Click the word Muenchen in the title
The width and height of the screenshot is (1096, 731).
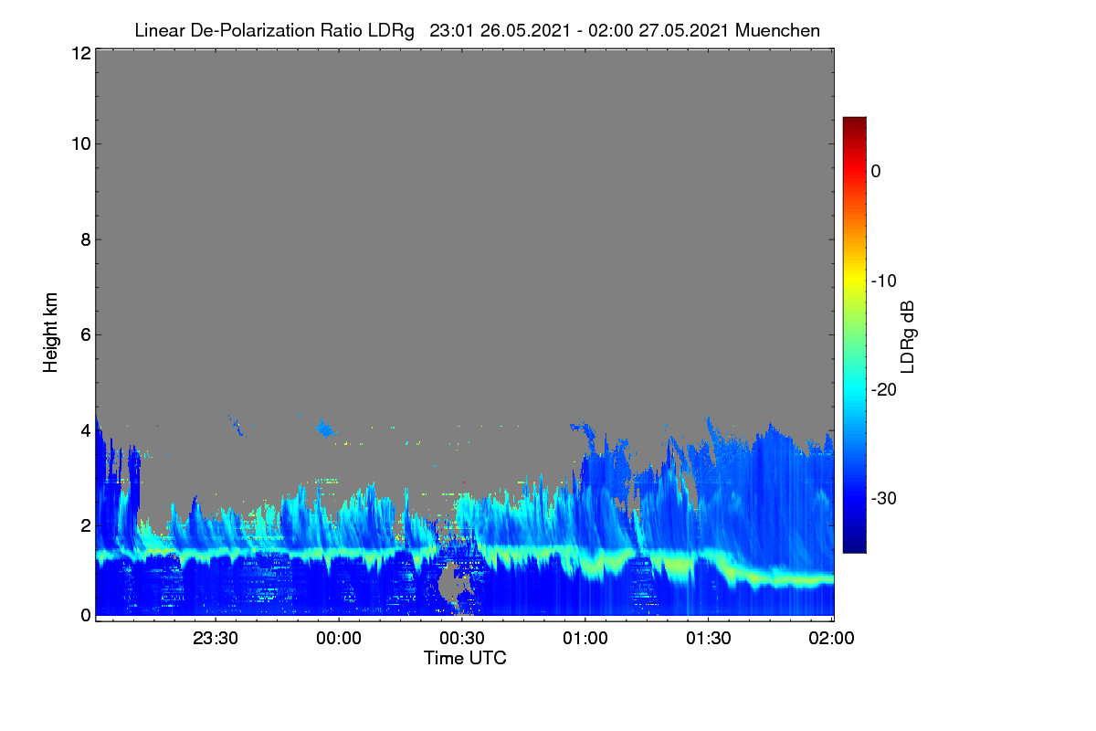[x=777, y=31]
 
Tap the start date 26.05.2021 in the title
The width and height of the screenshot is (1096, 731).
[x=525, y=31]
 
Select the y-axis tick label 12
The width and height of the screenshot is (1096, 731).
[x=81, y=53]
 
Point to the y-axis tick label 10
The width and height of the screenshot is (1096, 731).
[x=81, y=144]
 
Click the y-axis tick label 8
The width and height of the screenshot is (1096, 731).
[x=86, y=240]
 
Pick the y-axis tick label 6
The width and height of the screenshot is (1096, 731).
[x=86, y=335]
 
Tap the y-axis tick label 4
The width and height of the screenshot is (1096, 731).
[x=86, y=431]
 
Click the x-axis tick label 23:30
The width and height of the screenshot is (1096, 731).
[x=216, y=639]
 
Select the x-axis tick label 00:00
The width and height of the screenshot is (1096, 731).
[x=339, y=639]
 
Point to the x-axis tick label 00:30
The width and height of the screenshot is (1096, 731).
[x=462, y=639]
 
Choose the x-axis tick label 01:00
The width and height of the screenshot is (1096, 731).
[x=585, y=639]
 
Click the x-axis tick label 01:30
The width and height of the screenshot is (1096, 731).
[x=709, y=639]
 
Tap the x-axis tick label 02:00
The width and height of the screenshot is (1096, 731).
[x=831, y=639]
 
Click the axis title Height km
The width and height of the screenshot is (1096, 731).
[x=50, y=333]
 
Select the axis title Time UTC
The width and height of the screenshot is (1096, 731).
[x=465, y=659]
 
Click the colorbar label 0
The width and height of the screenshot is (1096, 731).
[x=876, y=172]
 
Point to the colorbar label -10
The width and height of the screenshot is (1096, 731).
[x=884, y=281]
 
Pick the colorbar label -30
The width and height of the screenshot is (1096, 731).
[x=884, y=498]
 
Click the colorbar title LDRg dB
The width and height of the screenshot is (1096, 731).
[x=908, y=337]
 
